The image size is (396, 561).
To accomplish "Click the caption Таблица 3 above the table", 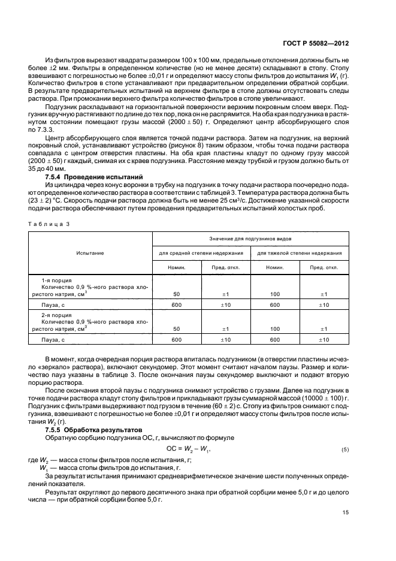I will coord(49,223).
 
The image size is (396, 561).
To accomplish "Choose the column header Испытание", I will coord(90,253).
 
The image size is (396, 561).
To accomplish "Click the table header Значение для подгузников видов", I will coord(251,239).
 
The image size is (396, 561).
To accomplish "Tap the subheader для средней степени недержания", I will coord(201,253).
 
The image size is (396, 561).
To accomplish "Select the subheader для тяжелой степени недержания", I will coord(300,253).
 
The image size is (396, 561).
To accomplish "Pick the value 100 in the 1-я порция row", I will coord(275,294).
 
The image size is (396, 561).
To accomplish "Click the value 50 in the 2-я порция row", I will coord(176,328).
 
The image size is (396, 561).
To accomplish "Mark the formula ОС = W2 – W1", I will coord(188,449).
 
